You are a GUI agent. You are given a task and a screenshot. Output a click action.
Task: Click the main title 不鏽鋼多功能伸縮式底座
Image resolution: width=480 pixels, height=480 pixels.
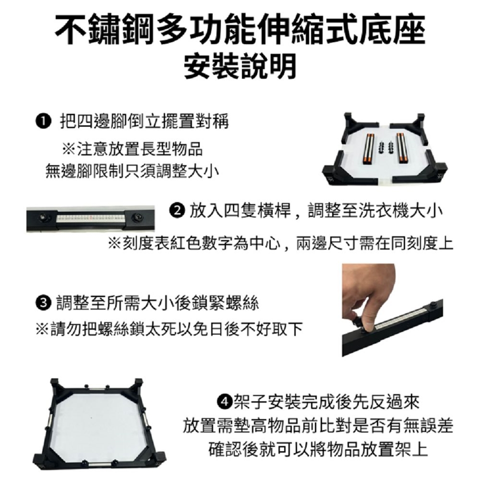tap(240, 29)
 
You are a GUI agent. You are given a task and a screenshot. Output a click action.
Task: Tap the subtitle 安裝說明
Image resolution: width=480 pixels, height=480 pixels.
tap(240, 66)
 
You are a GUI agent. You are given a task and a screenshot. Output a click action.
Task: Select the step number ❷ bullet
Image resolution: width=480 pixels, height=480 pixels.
tap(176, 211)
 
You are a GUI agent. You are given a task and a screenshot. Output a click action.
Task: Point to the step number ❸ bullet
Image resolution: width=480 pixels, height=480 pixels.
tap(43, 303)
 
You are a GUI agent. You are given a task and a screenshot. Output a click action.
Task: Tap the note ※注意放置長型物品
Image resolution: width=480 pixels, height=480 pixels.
tap(132, 149)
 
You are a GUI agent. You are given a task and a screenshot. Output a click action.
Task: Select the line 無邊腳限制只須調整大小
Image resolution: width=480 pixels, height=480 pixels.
tap(132, 170)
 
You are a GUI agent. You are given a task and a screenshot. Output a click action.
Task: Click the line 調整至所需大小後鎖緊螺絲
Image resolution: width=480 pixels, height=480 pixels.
tap(157, 303)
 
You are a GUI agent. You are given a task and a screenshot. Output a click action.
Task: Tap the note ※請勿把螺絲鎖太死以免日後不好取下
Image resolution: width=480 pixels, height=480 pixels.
tap(169, 329)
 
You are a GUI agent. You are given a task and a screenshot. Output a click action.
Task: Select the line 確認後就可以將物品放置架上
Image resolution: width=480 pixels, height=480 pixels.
tap(318, 448)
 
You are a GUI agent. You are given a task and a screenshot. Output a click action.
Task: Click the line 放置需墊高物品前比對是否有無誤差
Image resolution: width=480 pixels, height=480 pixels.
tap(318, 425)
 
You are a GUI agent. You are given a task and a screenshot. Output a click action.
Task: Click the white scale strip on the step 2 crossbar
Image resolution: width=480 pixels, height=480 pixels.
tap(90, 218)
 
